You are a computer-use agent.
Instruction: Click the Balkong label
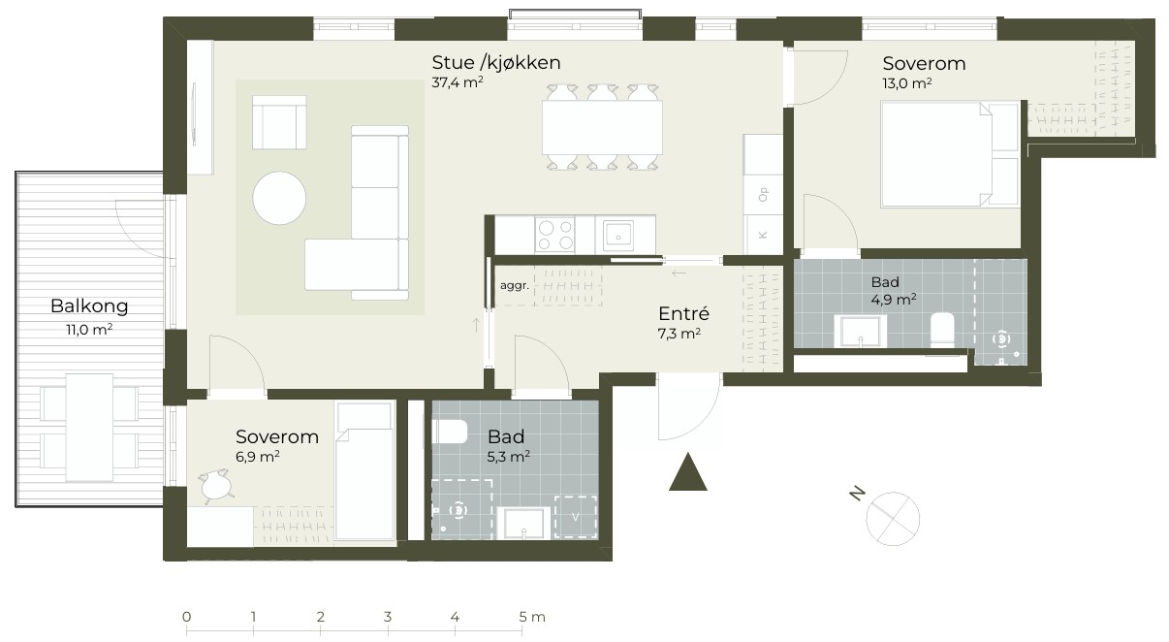pos(89,305)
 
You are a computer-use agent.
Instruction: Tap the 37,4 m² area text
pos(458,82)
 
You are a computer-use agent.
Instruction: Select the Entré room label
pos(683,313)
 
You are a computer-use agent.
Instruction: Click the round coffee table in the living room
pos(279,199)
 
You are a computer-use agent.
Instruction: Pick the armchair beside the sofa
pos(279,122)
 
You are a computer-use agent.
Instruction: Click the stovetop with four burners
pos(554,236)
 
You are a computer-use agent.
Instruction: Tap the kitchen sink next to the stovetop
pos(618,236)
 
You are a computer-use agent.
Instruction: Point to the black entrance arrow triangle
pos(688,471)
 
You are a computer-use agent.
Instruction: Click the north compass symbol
pos(893,519)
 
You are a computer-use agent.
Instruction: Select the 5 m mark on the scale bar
pos(522,618)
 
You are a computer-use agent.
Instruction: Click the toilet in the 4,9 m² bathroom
pos(942,331)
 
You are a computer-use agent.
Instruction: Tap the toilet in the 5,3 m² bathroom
pos(450,433)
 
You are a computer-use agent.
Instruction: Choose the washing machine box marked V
pos(576,517)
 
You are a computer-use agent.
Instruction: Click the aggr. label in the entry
pos(515,286)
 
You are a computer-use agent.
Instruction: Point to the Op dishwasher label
pos(764,195)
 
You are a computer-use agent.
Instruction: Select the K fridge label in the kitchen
pos(764,236)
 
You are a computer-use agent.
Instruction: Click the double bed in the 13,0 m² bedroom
pos(950,154)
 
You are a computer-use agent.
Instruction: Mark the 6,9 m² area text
pos(258,457)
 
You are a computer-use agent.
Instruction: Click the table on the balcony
pos(90,428)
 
